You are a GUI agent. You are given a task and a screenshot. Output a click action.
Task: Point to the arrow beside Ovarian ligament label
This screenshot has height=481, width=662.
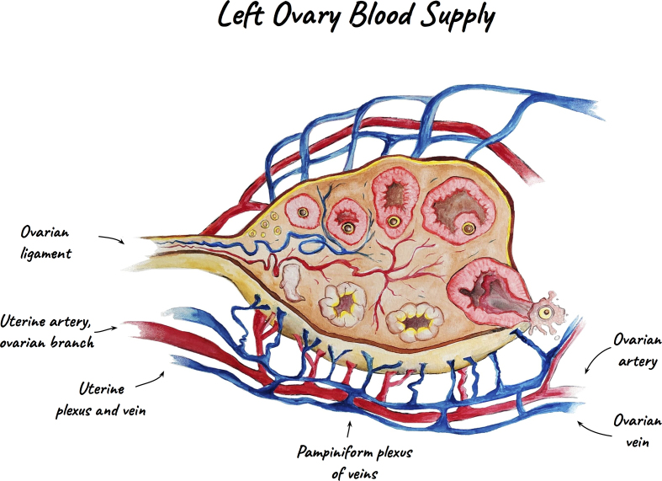112,240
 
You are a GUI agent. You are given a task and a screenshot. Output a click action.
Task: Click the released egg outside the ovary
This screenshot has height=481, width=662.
548,312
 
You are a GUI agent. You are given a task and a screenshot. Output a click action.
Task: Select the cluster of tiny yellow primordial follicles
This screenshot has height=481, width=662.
270,223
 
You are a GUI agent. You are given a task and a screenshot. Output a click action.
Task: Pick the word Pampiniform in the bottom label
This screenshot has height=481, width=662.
335,452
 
